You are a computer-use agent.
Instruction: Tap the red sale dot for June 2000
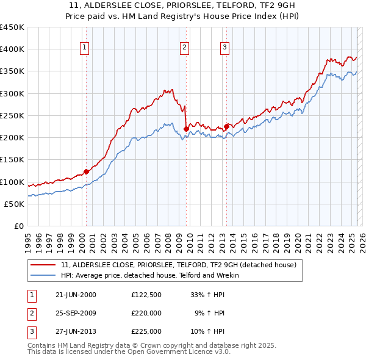tap(86, 171)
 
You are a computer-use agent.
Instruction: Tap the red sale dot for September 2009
tap(186, 129)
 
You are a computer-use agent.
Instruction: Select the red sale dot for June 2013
tap(226, 126)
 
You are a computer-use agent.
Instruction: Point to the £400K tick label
tap(12, 49)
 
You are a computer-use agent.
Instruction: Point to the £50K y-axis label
tap(15, 204)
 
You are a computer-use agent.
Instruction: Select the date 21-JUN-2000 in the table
tap(75, 295)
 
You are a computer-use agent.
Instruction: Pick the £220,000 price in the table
tap(146, 313)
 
